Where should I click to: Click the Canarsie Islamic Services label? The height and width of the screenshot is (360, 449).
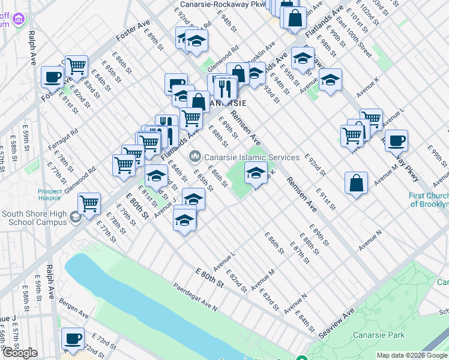252,157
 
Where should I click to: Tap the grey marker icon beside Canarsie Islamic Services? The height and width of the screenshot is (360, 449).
194,157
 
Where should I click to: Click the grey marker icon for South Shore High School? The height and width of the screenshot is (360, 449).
76,217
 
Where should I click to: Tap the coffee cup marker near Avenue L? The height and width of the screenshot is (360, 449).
396,142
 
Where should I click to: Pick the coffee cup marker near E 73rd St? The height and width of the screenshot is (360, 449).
73,338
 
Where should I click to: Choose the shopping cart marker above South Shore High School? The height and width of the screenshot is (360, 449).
89,203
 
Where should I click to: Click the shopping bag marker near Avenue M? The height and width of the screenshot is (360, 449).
357,184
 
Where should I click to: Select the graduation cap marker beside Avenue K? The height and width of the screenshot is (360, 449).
256,173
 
